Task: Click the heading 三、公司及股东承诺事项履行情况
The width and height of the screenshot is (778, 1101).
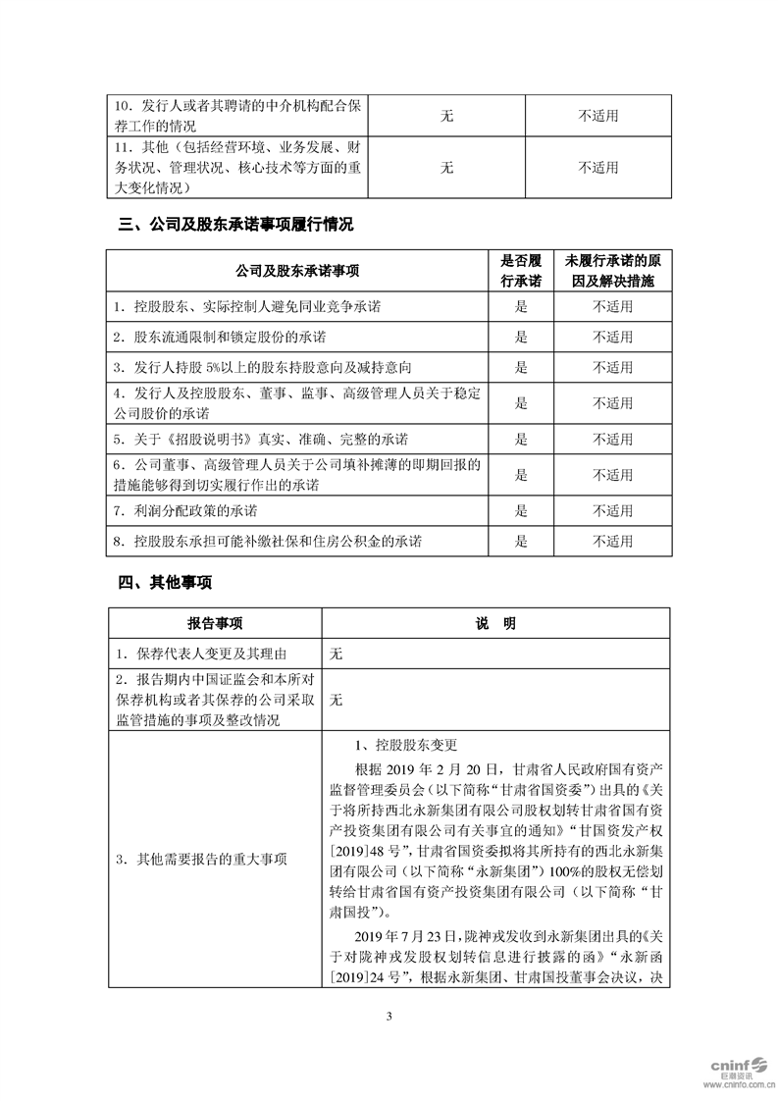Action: click(234, 225)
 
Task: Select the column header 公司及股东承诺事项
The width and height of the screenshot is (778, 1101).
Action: click(298, 271)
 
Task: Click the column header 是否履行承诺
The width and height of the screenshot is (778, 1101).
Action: click(521, 271)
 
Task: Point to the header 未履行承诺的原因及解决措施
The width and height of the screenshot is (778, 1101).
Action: click(612, 271)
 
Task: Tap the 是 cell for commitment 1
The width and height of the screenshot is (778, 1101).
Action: click(521, 306)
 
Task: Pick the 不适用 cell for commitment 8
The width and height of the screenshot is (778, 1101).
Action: click(612, 541)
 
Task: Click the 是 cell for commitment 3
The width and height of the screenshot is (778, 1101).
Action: click(521, 367)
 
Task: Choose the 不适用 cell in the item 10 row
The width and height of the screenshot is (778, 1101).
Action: click(598, 116)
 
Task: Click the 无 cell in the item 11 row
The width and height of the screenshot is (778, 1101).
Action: click(446, 168)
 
